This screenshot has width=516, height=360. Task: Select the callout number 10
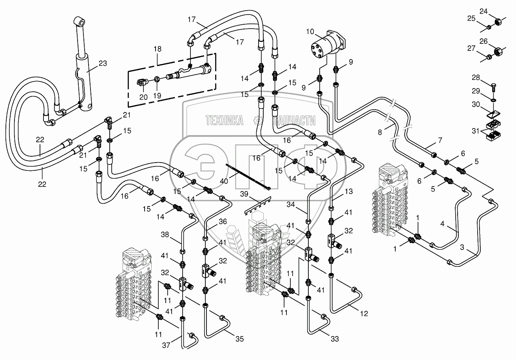[310, 31]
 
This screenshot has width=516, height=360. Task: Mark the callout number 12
[364, 313]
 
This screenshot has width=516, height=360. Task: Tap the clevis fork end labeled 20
[143, 82]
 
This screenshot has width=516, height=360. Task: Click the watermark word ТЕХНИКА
[225, 120]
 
